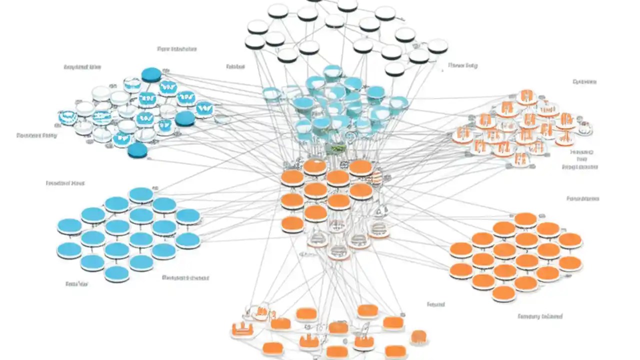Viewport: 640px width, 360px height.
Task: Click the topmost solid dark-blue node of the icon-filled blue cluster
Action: tap(151, 74)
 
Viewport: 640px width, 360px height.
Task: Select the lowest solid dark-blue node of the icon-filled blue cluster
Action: tap(137, 150)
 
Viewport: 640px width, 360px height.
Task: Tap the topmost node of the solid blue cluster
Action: tap(141, 194)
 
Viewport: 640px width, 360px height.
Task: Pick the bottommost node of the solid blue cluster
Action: tap(117, 273)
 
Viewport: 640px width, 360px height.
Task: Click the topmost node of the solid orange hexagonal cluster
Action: tap(525, 219)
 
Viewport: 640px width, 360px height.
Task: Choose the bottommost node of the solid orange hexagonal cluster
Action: tap(503, 292)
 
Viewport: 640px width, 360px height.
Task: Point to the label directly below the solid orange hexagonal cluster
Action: tap(539, 316)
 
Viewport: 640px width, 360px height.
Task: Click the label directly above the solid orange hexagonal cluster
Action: tap(582, 198)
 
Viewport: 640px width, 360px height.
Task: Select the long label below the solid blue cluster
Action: tap(185, 277)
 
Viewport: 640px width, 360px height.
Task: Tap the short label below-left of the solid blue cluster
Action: tap(76, 283)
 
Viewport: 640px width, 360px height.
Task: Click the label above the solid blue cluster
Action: tap(65, 183)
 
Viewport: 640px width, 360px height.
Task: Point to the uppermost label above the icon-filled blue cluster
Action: tap(176, 49)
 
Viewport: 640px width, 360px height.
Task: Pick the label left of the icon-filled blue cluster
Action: tap(36, 135)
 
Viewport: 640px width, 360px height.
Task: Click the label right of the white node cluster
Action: tap(462, 65)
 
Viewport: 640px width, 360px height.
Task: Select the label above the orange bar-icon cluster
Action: tap(584, 81)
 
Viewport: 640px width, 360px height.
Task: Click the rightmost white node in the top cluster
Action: tap(437, 45)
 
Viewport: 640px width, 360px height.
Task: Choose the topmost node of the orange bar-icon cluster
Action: tap(525, 95)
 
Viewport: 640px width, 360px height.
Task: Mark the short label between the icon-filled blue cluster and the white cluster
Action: tap(234, 66)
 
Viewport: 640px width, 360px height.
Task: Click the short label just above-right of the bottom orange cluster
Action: tap(435, 304)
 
